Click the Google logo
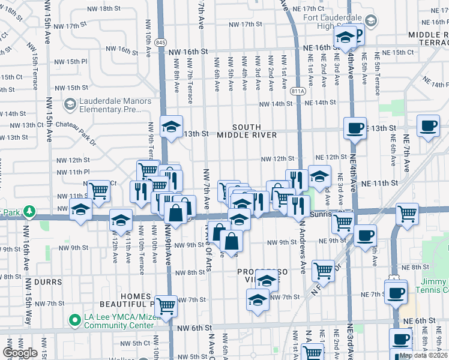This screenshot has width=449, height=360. (20, 353)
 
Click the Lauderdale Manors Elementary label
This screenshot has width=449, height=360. (110, 105)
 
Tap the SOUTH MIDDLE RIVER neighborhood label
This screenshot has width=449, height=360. (255, 131)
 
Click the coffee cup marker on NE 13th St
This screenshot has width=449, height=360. (355, 127)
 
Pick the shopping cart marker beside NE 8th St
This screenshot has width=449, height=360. (324, 270)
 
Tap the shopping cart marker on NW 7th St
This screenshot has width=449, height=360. (166, 305)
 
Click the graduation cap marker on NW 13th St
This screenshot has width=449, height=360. (172, 127)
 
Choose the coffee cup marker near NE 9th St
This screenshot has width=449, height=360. (364, 235)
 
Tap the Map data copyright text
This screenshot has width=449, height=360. (424, 355)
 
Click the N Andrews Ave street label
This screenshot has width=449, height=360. (302, 246)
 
